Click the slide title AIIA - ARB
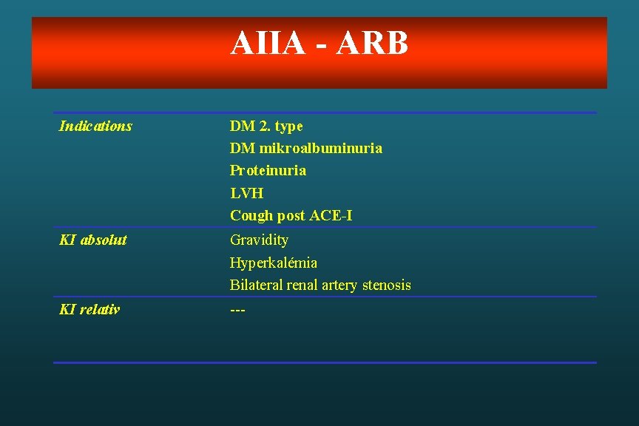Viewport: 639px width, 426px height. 319,43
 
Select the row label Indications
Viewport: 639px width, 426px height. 95,126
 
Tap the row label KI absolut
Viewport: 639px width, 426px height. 92,240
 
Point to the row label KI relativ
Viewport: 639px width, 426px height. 89,309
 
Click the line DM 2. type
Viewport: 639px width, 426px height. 266,126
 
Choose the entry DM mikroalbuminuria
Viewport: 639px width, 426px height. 306,149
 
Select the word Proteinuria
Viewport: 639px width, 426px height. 268,171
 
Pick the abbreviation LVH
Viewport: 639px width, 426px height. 246,193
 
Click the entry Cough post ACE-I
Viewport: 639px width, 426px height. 291,216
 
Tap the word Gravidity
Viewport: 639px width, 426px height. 259,240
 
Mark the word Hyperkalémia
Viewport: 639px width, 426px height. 274,263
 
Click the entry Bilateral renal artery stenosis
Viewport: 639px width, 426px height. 320,285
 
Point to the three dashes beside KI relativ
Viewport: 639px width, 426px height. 237,309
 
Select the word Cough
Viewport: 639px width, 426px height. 251,216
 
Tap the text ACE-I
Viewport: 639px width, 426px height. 331,216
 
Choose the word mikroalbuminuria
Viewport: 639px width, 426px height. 320,149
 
